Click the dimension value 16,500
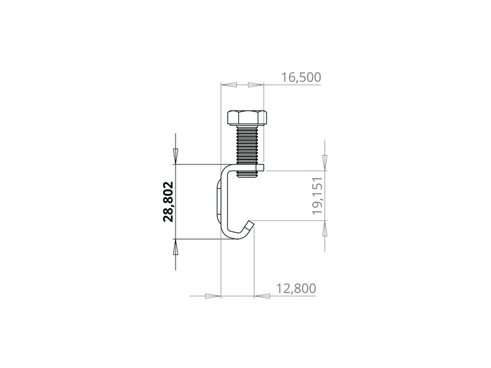pos(301,77)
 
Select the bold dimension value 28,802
pos(168,202)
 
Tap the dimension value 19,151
pos(317,196)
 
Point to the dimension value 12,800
pos(296,288)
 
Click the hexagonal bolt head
pos(247,118)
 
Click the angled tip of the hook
pos(249,225)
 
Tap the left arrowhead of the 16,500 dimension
pos(228,85)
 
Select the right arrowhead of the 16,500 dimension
pos(256,85)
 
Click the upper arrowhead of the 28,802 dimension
pos(176,156)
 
